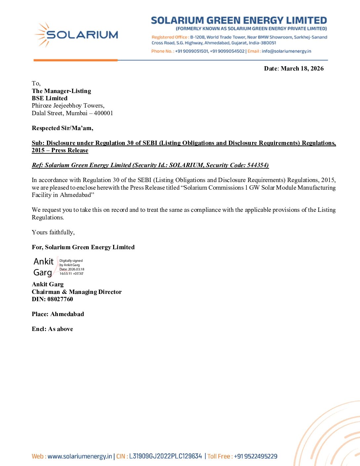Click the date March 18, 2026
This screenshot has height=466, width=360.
click(302, 69)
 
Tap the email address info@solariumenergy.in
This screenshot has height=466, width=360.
click(286, 51)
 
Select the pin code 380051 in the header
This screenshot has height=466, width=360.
click(268, 43)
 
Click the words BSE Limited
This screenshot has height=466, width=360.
click(50, 98)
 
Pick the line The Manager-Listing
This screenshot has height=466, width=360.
click(61, 91)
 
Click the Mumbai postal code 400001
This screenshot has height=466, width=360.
click(103, 113)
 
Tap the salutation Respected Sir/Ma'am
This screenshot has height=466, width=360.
click(62, 128)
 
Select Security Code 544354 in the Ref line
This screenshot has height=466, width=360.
click(257, 165)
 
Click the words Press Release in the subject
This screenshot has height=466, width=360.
click(70, 150)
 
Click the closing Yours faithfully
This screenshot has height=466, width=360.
click(53, 232)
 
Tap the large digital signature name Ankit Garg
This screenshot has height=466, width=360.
click(43, 267)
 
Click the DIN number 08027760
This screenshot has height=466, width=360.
click(60, 299)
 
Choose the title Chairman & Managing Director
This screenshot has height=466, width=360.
click(77, 292)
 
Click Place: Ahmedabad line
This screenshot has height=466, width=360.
click(58, 314)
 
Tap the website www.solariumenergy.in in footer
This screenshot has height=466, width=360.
click(80, 456)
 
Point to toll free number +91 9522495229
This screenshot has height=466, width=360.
click(256, 456)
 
